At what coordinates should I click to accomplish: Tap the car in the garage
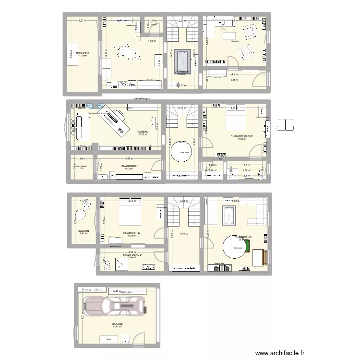[x=114, y=305]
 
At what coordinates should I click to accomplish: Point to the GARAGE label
[x=117, y=324]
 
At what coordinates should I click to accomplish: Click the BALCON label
[x=84, y=230]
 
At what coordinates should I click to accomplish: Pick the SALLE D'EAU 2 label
[x=132, y=255]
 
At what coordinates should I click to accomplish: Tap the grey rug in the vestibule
[x=182, y=60]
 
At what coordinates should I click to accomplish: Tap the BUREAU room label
[x=143, y=132]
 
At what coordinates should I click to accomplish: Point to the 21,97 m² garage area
[x=117, y=327]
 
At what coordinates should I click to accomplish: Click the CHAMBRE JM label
[x=132, y=233]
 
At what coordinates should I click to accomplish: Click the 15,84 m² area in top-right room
[x=234, y=42]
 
